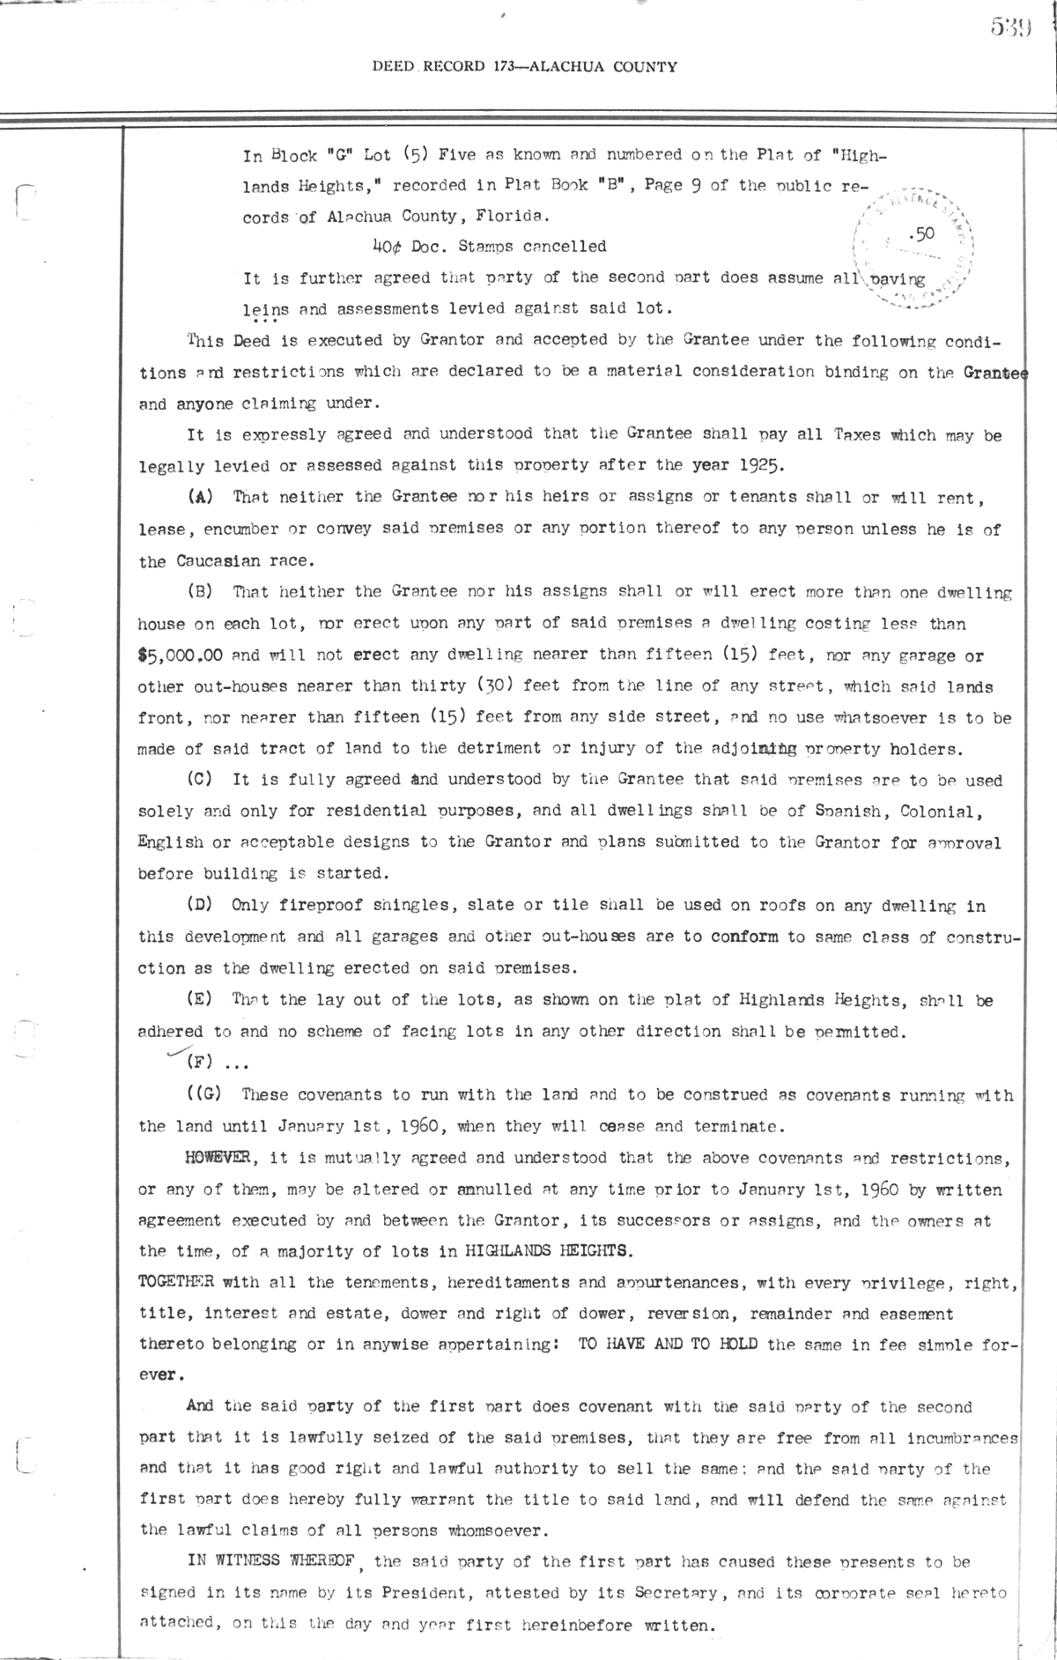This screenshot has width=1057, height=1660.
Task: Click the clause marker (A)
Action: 201,497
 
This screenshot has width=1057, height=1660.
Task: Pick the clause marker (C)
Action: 201,780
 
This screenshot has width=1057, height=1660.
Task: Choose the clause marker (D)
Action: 201,905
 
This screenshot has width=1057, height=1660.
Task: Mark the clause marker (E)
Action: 201,1000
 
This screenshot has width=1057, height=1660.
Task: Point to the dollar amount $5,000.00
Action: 175,655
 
